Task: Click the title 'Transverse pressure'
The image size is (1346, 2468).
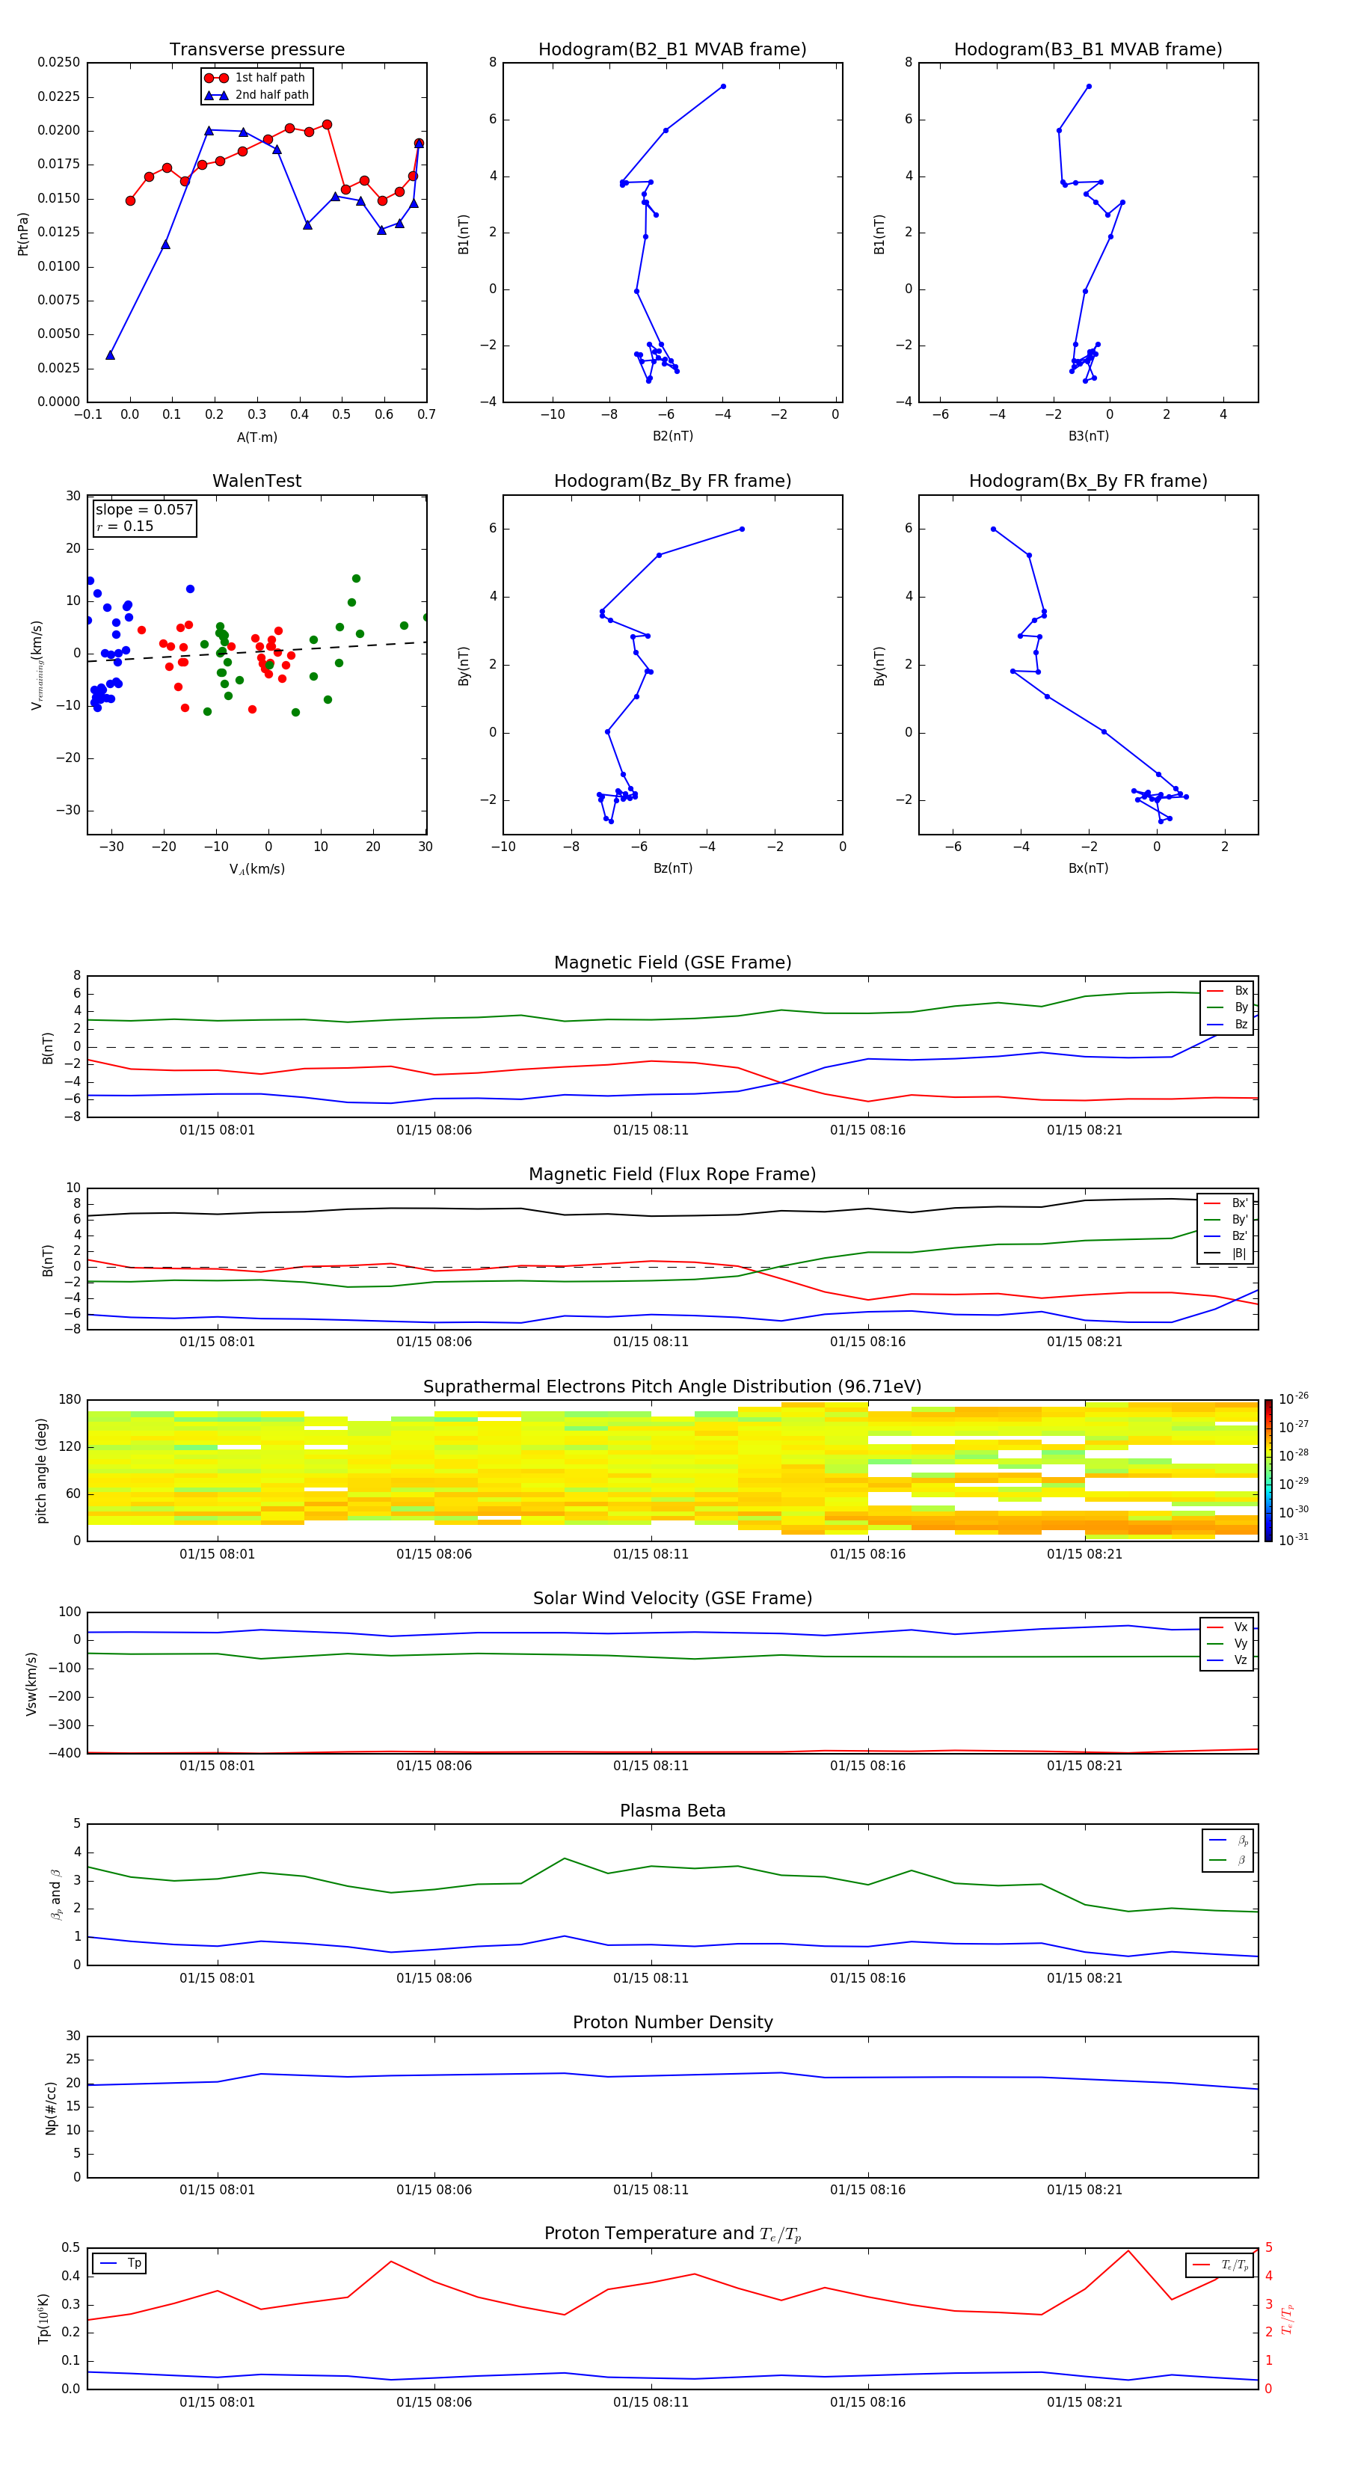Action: (x=256, y=50)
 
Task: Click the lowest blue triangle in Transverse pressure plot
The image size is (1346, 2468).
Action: (x=110, y=355)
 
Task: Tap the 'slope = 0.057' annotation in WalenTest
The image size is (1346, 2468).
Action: (x=144, y=510)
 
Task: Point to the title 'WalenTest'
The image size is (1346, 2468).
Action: (x=256, y=481)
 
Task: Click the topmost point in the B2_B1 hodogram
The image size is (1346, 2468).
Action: (x=722, y=86)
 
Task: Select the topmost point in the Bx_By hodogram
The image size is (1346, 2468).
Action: (x=994, y=529)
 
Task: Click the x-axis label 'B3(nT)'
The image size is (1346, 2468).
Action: (x=1088, y=436)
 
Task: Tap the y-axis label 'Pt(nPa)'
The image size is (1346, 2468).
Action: (x=23, y=234)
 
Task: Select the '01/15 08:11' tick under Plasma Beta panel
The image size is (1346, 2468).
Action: (x=651, y=1977)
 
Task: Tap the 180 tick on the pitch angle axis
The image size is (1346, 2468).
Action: (x=70, y=1400)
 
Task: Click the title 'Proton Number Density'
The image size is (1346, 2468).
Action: (x=672, y=2022)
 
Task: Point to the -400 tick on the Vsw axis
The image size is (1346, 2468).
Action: (x=68, y=1753)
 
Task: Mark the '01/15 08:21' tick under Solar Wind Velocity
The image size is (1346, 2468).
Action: (x=1084, y=1766)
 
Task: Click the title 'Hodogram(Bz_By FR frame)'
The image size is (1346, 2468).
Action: (x=672, y=481)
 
